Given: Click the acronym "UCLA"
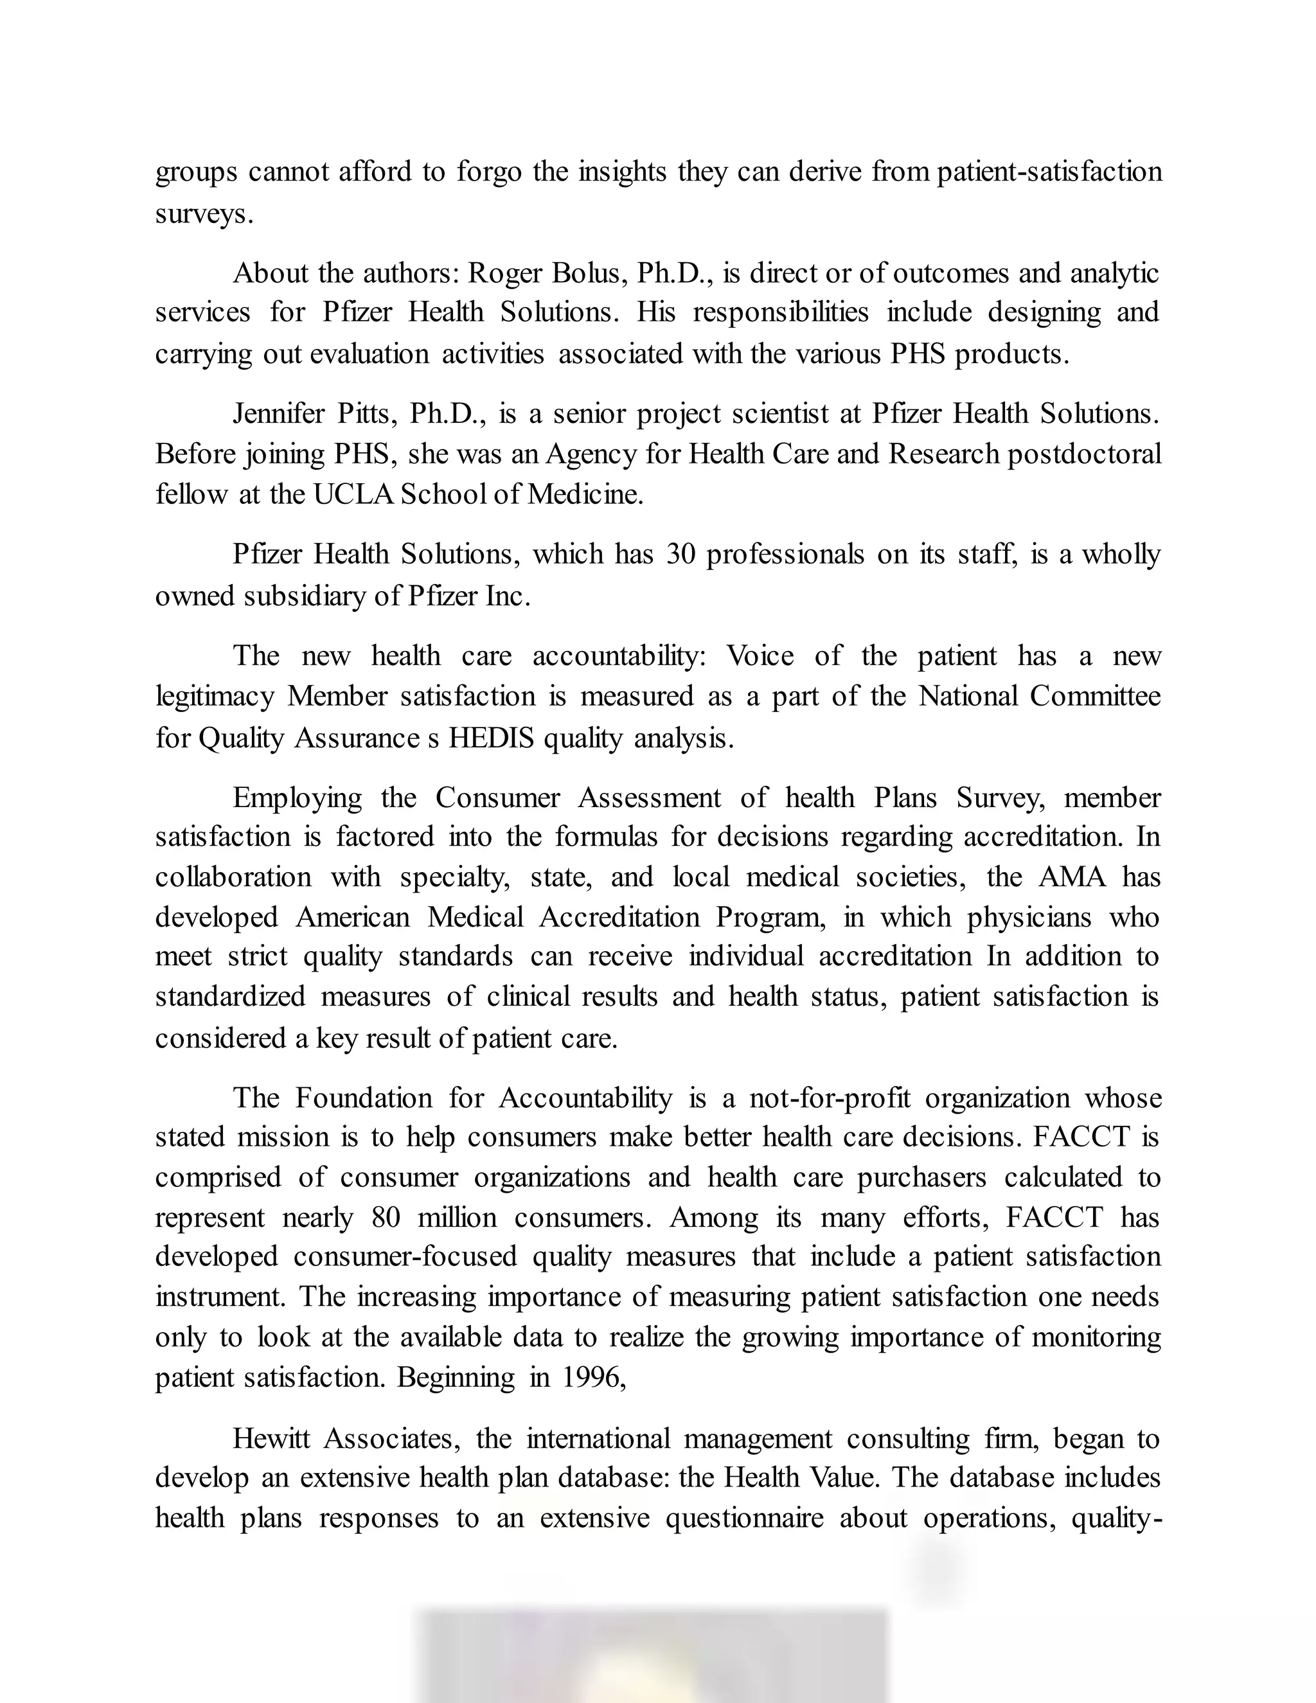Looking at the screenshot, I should (353, 494).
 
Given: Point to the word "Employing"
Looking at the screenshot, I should (297, 798).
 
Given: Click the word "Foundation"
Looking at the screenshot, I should (363, 1098).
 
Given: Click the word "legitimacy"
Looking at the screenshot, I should (215, 697).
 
